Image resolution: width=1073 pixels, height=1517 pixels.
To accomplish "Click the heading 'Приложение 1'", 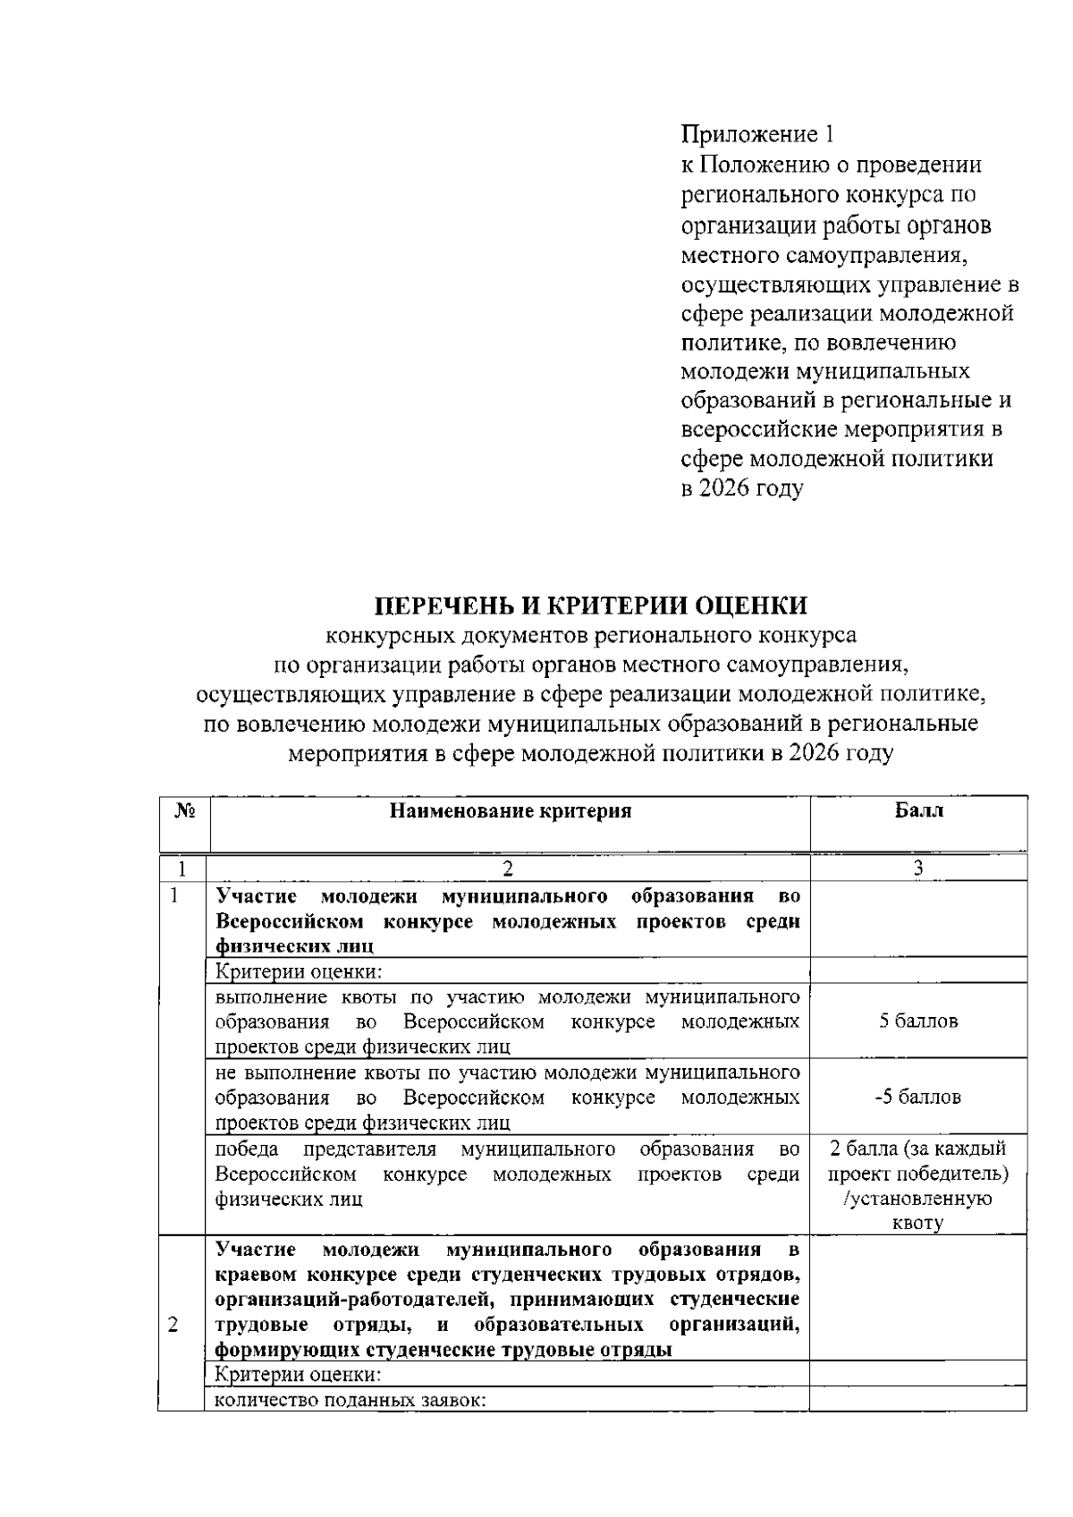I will [758, 135].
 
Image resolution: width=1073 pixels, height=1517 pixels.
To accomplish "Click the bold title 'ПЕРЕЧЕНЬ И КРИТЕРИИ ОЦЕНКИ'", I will [590, 606].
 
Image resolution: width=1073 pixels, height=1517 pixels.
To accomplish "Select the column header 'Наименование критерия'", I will [511, 811].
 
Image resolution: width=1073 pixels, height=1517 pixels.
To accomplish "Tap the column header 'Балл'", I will [918, 811].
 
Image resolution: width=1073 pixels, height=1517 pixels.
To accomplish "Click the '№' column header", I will [184, 811].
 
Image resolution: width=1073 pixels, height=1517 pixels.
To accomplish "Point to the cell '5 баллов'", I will [918, 1021].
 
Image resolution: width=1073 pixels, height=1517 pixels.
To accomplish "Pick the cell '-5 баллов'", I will [917, 1097].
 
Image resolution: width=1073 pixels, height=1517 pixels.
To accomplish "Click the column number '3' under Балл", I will [918, 869].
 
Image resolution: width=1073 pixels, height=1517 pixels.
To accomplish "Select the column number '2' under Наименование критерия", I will [509, 869].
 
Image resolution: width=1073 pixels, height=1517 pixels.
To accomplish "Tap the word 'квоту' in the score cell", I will [917, 1223].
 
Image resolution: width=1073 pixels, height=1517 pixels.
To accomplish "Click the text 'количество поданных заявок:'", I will [350, 1401].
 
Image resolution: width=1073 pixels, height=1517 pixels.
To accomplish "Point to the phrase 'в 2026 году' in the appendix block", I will [742, 488].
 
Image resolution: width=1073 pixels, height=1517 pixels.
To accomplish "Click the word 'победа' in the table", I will [247, 1148].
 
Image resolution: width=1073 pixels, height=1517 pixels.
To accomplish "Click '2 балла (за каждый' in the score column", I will [918, 1148].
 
